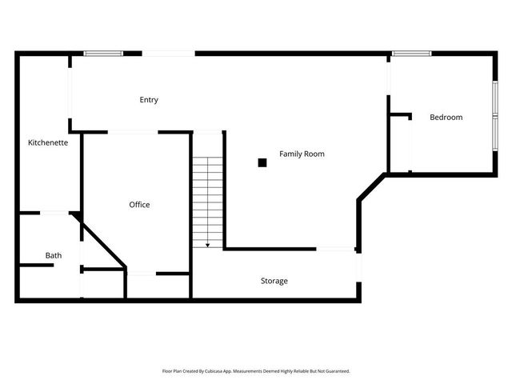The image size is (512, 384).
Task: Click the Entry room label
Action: tap(149, 100)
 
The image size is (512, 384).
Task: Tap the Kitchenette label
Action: tap(48, 142)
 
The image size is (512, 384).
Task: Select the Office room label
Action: tap(139, 205)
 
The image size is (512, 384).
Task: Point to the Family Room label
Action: tap(302, 154)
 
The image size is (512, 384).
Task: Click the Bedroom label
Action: tap(446, 118)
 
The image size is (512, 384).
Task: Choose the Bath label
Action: tap(53, 256)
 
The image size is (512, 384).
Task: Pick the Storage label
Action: tap(274, 281)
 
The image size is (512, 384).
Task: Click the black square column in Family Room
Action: tap(262, 162)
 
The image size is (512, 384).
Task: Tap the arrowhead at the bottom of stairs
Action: tap(207, 244)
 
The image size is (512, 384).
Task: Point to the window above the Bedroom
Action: tap(411, 54)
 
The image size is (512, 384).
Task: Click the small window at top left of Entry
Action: tap(102, 54)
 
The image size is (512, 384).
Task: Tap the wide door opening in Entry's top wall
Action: tap(168, 54)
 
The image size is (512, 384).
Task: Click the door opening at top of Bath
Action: tap(54, 213)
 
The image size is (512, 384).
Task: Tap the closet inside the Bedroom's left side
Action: tap(399, 144)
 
